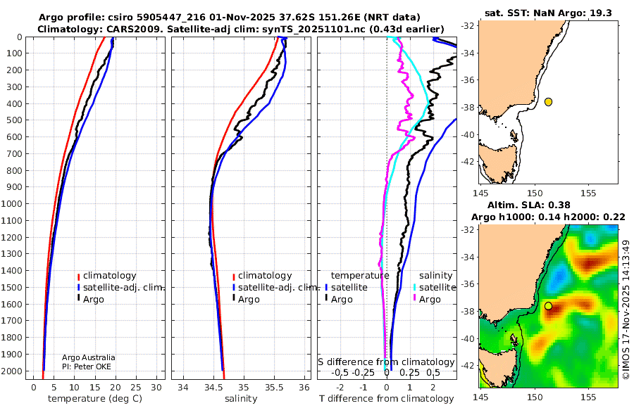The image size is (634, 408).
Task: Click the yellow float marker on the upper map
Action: [548, 102]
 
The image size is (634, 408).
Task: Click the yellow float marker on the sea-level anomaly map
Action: [548, 306]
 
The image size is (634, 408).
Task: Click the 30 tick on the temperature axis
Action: [156, 388]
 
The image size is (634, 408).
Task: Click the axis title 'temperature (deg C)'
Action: [95, 399]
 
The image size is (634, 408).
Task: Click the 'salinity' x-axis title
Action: [241, 399]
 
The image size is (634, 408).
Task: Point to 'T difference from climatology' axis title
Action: [387, 399]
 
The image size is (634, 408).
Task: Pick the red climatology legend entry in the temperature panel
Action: [107, 276]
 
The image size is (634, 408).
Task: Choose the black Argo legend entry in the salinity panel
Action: [245, 300]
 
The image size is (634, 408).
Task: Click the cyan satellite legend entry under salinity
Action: [435, 287]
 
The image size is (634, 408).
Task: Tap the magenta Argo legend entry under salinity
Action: [426, 300]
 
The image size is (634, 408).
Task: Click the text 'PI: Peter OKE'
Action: [87, 366]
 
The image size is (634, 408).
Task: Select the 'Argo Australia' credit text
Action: [89, 357]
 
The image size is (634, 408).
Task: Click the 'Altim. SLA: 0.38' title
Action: [529, 205]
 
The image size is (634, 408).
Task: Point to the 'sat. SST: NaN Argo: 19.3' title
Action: [548, 13]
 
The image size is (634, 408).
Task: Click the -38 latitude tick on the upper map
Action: [468, 108]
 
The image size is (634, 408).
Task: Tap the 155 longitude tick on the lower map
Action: [588, 397]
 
